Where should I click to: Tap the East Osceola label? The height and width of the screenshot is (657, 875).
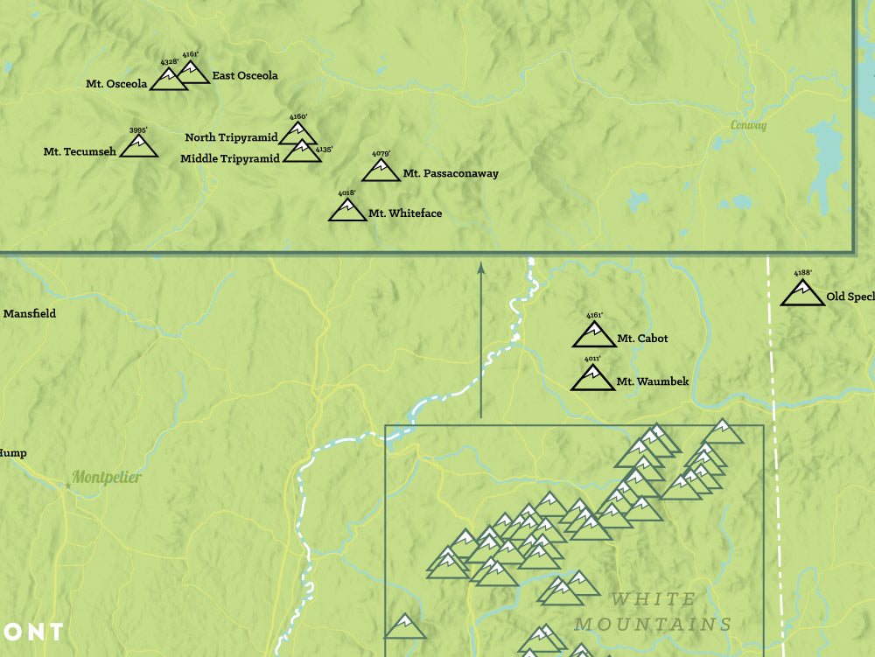point(244,76)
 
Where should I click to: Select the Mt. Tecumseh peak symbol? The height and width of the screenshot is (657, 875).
point(138,147)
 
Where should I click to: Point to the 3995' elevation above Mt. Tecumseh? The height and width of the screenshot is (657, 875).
point(138,130)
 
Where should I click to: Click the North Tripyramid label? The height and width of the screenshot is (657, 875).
point(231,137)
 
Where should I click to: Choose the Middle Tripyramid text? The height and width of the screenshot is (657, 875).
point(230,158)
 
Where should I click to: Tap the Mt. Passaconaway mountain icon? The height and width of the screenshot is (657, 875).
point(381,171)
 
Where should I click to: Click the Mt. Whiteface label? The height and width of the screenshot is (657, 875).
point(404,213)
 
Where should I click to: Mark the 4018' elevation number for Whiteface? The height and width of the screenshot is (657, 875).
point(346,193)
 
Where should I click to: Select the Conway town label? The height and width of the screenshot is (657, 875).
point(749,126)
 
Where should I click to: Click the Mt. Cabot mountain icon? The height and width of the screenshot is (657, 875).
point(594,335)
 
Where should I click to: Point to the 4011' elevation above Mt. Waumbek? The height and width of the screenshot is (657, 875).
point(593,359)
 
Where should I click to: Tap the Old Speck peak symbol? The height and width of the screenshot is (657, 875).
point(802,293)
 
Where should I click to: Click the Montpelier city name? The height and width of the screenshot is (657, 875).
point(106,478)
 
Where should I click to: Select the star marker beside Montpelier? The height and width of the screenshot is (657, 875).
point(67,484)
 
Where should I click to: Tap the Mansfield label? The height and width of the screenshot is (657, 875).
point(30,313)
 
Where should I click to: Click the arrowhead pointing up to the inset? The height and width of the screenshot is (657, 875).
point(480,267)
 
